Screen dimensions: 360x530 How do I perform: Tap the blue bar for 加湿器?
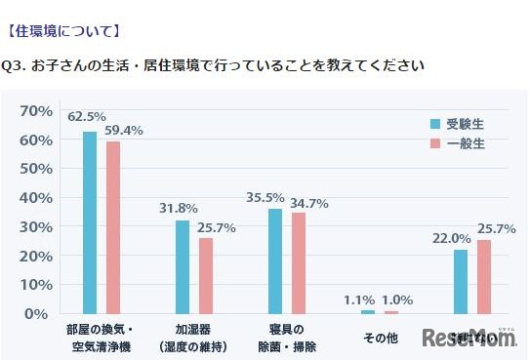183,267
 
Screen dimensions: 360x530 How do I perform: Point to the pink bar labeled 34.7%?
298,263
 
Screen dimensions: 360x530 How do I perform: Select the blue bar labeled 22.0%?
460,282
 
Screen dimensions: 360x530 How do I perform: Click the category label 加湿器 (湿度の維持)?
193,339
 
